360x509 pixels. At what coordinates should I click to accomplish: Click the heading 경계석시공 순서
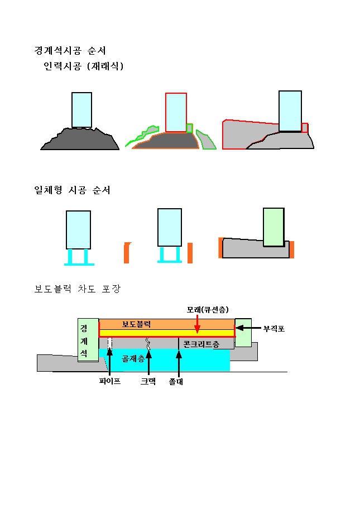click(x=70, y=51)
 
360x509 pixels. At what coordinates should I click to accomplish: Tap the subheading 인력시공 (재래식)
click(x=83, y=66)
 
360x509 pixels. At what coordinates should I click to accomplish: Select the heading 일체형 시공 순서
click(x=72, y=190)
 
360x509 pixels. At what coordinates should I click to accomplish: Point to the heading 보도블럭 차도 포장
click(x=77, y=289)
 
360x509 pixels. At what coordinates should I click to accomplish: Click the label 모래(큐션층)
click(x=208, y=309)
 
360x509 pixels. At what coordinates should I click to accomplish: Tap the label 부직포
click(x=274, y=329)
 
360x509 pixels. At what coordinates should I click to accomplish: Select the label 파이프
click(x=110, y=381)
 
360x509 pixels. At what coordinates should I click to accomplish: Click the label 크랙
click(x=148, y=381)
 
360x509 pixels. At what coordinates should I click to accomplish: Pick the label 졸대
click(x=176, y=381)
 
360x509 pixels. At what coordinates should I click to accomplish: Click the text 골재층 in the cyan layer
click(x=133, y=358)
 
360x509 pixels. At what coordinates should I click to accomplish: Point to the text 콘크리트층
click(x=201, y=344)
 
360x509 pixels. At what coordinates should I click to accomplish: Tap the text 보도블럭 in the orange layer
click(x=136, y=324)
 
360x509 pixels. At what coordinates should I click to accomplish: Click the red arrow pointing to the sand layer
click(x=198, y=324)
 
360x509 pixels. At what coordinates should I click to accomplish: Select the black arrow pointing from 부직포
click(x=248, y=328)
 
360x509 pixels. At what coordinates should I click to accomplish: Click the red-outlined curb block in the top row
click(x=176, y=113)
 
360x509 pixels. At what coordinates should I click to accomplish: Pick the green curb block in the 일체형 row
click(x=273, y=227)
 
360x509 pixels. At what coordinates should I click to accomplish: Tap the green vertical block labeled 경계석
click(x=88, y=340)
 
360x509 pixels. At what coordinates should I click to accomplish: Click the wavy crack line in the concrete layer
click(x=148, y=343)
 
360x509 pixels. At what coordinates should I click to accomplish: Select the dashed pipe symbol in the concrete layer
click(x=110, y=343)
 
